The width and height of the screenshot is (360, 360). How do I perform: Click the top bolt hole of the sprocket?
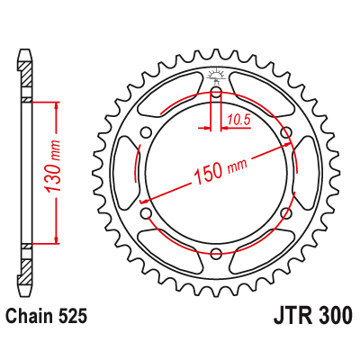coord(216,92)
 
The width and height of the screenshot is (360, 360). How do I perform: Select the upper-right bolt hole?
coord(285,133)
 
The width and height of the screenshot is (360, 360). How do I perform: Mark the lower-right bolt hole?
coord(285,212)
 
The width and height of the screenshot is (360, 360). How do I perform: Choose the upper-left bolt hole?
coord(147,133)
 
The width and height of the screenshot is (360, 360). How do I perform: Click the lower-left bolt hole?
coord(147,212)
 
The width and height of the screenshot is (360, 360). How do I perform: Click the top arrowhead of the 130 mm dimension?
coord(57,104)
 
